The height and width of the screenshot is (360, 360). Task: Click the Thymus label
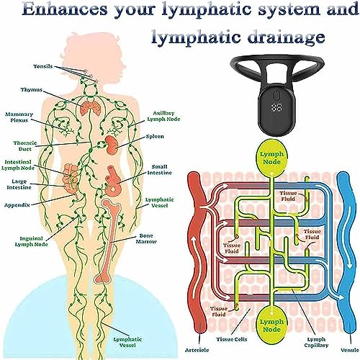tap(32, 90)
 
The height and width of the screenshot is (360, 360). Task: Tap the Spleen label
tap(155, 137)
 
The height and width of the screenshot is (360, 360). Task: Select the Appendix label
tap(17, 205)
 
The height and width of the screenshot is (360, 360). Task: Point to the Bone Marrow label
tap(146, 239)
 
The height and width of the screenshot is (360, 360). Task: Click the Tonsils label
tap(43, 66)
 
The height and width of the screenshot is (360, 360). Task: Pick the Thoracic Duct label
tap(25, 146)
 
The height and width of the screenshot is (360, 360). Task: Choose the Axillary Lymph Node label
tap(163, 116)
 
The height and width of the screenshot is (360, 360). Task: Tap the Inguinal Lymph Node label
tap(31, 241)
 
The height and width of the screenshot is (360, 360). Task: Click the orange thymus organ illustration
tap(90, 108)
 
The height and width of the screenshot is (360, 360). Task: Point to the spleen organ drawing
tap(111, 145)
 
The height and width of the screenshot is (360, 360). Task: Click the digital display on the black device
tap(277, 107)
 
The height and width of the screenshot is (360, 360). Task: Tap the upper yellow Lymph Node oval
tap(271, 158)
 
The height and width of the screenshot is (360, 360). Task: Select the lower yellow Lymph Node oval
tap(271, 325)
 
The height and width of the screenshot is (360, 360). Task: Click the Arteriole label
tap(197, 350)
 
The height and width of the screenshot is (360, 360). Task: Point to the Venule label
tap(350, 350)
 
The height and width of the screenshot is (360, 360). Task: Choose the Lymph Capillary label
tap(316, 343)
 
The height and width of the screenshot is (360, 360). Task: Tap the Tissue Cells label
tap(231, 339)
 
